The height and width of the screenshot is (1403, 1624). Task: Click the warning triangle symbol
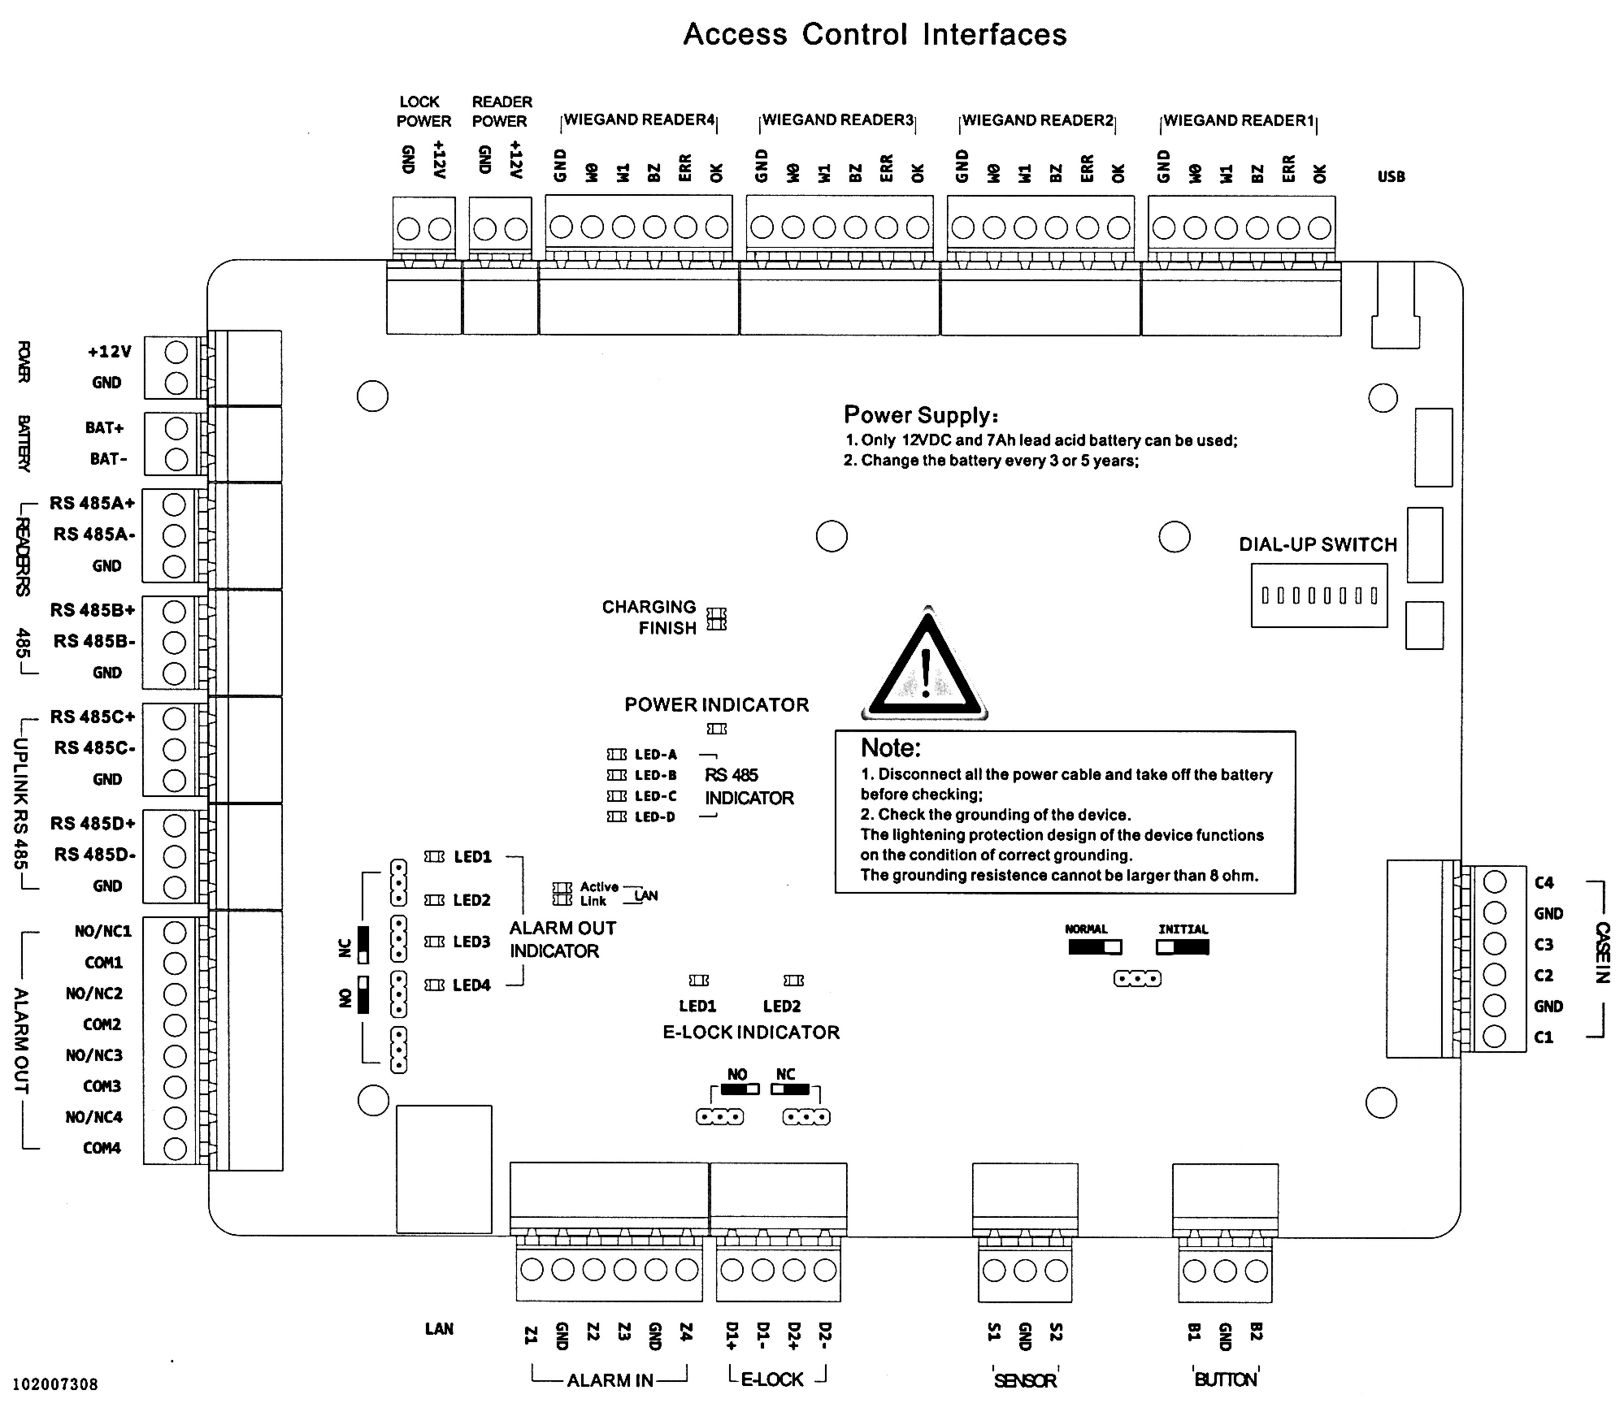[x=925, y=667]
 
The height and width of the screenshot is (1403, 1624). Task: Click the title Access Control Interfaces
[x=875, y=34]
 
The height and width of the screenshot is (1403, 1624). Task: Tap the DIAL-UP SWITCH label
[x=1318, y=544]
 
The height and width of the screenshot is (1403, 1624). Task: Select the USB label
[x=1391, y=176]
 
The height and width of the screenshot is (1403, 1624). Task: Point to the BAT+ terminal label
[x=105, y=428]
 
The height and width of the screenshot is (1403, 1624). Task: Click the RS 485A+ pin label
[x=92, y=504]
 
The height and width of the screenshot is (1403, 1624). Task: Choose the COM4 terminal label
[x=102, y=1148]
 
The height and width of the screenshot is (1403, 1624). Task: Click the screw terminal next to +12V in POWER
[x=176, y=353]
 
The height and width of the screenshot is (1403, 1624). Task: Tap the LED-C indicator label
[x=655, y=796]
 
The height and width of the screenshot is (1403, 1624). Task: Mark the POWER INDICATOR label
[x=716, y=704]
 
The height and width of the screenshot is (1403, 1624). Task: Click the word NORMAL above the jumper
[x=1086, y=929]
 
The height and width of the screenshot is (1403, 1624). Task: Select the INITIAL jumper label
[x=1183, y=929]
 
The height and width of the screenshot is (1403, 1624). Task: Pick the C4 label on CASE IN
[x=1544, y=882]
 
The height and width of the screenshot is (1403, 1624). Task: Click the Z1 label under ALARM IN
[x=531, y=1335]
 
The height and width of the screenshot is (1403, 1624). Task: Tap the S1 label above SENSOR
[x=993, y=1332]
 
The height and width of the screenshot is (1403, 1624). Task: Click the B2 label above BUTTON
[x=1256, y=1332]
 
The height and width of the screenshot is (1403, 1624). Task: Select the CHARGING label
[x=649, y=607]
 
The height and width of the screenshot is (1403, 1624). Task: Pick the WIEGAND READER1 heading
[x=1239, y=120]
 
